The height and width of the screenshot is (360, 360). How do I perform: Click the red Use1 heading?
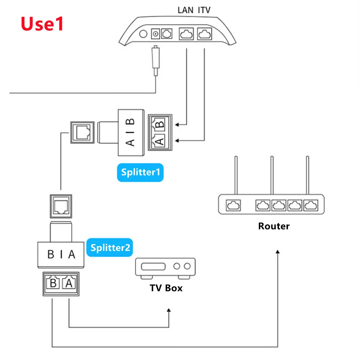coord(42,23)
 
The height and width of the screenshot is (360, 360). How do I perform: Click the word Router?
coord(274,226)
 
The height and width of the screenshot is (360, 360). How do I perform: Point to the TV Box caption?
coord(166,288)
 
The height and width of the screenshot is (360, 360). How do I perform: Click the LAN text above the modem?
coord(186,10)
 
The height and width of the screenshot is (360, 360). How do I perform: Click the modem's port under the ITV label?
coord(205,34)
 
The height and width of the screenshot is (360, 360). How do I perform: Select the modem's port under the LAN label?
coord(186,34)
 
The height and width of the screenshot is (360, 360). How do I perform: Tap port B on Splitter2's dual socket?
coord(53,283)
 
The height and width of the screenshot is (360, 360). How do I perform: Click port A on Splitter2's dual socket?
coord(68,283)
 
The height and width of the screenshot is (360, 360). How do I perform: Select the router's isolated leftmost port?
coord(231,206)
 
